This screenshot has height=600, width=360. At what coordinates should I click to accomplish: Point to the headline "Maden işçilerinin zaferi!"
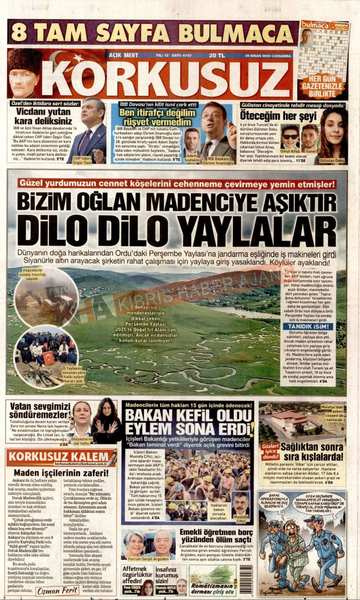(61, 473)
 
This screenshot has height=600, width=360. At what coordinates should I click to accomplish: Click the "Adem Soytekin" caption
(192, 158)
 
